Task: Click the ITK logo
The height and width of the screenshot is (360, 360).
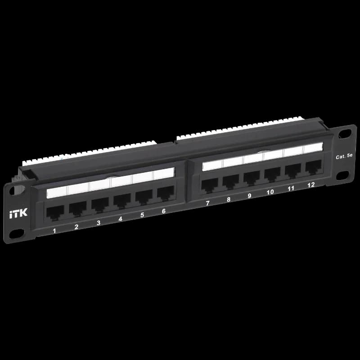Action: pyautogui.click(x=18, y=213)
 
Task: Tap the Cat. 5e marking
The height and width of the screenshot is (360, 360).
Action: pyautogui.click(x=344, y=156)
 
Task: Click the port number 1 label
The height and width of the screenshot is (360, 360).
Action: pyautogui.click(x=54, y=230)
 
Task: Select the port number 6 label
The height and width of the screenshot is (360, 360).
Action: pyautogui.click(x=164, y=211)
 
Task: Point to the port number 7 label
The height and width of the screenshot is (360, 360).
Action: pyautogui.click(x=207, y=203)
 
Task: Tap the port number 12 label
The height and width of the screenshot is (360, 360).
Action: pyautogui.click(x=311, y=185)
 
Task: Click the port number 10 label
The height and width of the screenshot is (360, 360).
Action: pyautogui.click(x=270, y=192)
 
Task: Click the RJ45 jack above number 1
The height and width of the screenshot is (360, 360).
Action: pyautogui.click(x=55, y=213)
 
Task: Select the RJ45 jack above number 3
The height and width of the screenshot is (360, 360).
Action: pyautogui.click(x=100, y=205)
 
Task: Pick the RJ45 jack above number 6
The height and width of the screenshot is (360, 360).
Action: pyautogui.click(x=166, y=193)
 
